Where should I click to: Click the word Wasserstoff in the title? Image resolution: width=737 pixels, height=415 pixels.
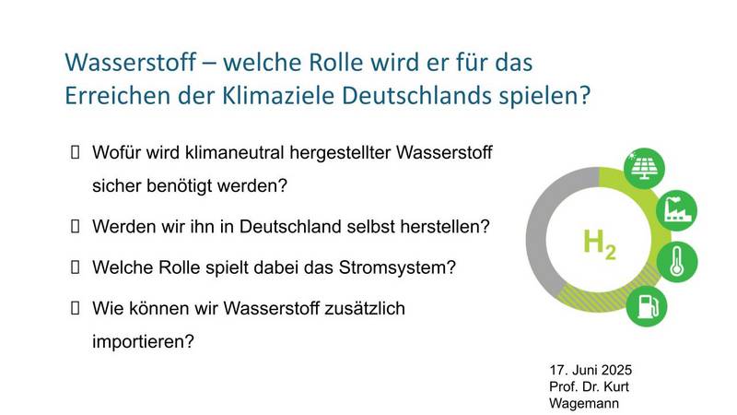[x=130, y=63]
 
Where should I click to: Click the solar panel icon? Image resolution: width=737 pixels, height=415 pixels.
[x=644, y=168]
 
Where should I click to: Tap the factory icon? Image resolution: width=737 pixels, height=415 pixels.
[x=677, y=210]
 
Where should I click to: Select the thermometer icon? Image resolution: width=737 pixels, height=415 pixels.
[x=677, y=262]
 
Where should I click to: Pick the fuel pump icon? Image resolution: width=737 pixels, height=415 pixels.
[x=647, y=306]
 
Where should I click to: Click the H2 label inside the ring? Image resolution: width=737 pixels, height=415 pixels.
[x=599, y=244]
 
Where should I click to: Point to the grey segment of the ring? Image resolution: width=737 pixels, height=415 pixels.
[x=536, y=235]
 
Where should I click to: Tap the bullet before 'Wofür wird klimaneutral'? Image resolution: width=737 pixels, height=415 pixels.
[x=75, y=152]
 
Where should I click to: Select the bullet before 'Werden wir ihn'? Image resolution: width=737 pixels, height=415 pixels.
[x=75, y=226]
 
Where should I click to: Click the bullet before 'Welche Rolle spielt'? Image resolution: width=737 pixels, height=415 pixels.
[x=75, y=267]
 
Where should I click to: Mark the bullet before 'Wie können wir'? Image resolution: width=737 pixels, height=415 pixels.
[x=75, y=308]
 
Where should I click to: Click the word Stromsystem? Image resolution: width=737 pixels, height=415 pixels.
[x=397, y=267]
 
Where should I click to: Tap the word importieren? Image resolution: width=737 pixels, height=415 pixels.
[x=143, y=341]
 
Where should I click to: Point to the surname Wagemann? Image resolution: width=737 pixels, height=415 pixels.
[x=584, y=404]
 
